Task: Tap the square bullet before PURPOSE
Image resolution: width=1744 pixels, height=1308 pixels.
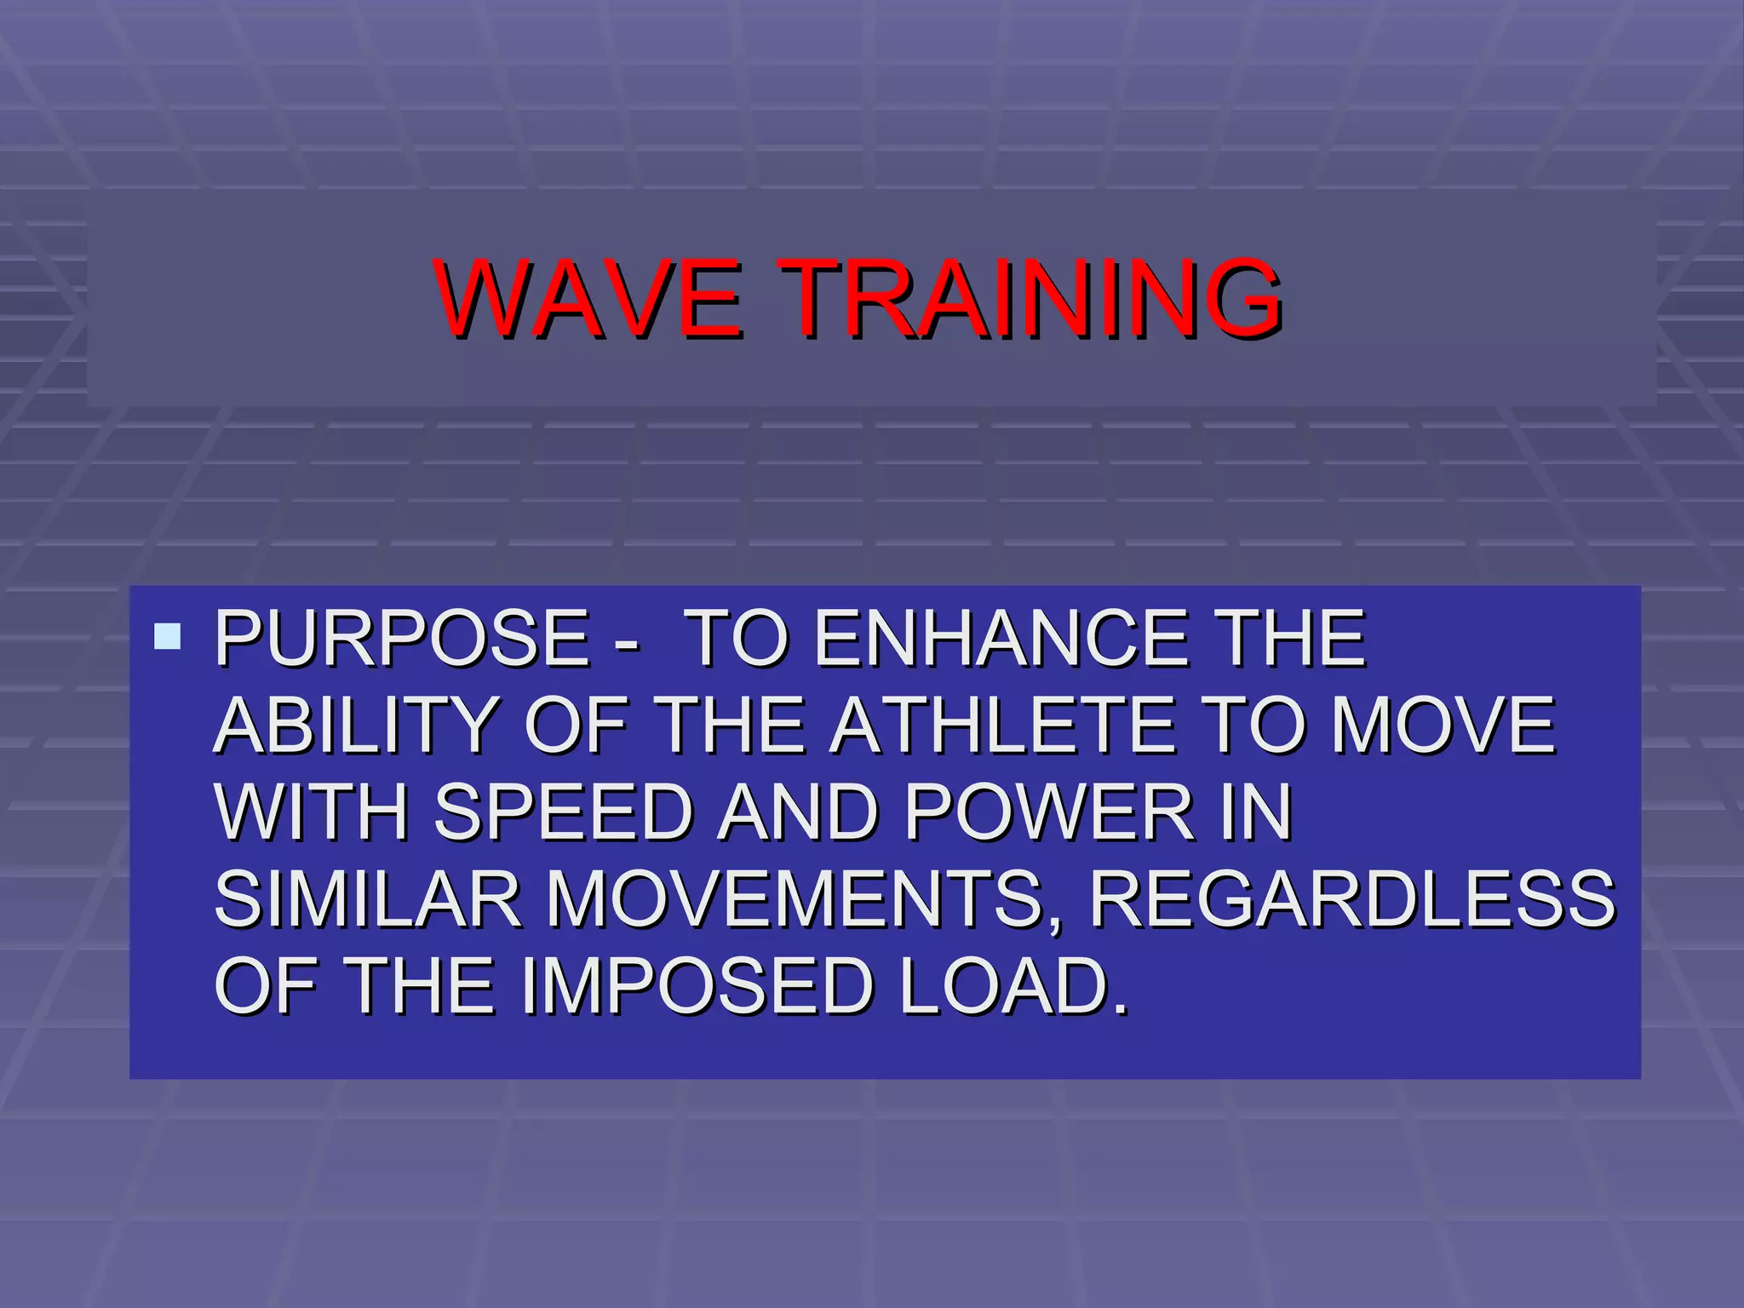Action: (x=168, y=636)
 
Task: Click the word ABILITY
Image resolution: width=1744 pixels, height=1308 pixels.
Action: (x=356, y=726)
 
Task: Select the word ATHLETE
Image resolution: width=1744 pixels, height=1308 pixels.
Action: (x=1005, y=726)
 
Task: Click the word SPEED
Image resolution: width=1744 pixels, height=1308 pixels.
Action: (x=564, y=812)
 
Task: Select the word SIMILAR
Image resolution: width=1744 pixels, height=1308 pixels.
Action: (x=367, y=899)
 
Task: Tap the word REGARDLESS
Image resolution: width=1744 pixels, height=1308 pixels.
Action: (x=1352, y=899)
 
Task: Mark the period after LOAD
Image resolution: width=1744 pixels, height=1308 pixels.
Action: (x=1121, y=1010)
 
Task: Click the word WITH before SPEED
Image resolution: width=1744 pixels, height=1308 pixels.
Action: (x=312, y=812)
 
